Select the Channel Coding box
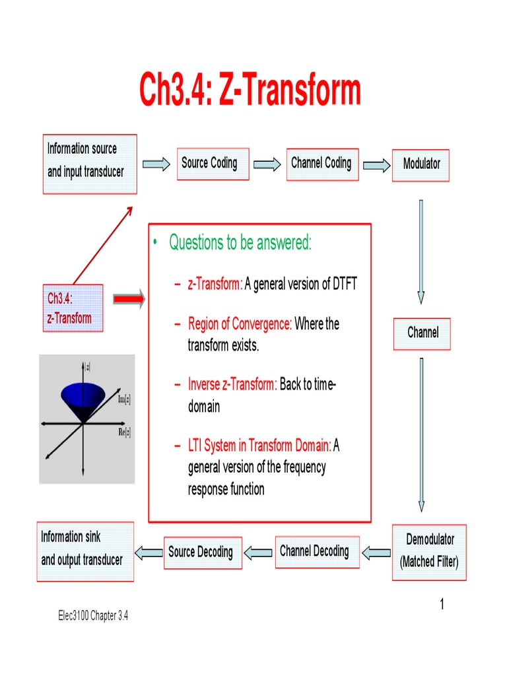(321, 163)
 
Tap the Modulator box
(421, 164)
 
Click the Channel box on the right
(422, 333)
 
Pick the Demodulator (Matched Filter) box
(429, 552)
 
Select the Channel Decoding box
(314, 551)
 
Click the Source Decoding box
(201, 552)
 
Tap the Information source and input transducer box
(89, 164)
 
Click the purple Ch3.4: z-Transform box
(73, 308)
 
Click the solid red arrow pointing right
(129, 300)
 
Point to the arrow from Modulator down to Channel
(421, 251)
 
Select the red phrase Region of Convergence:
(240, 324)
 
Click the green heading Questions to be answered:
(240, 243)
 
